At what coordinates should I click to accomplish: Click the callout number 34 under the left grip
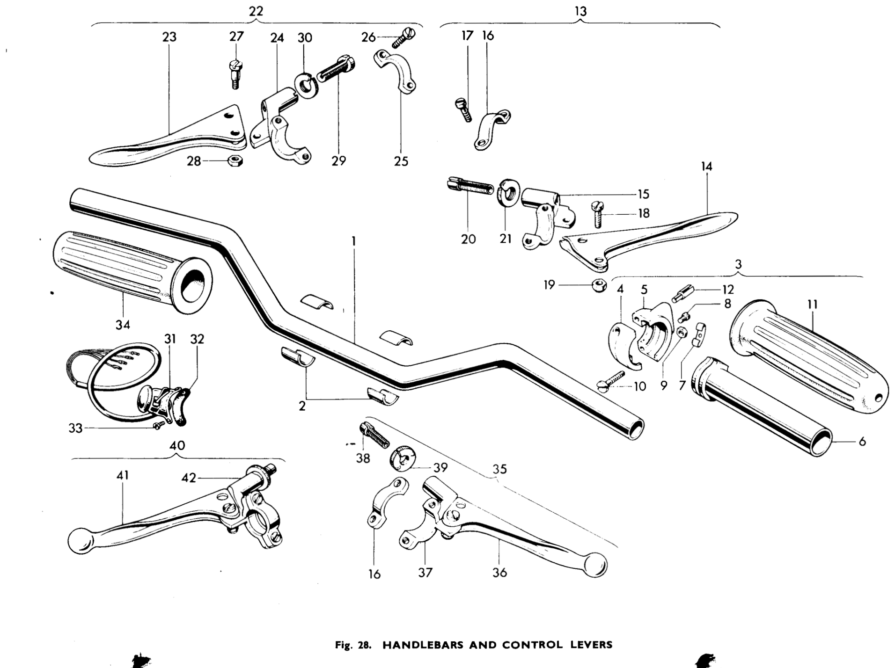point(123,325)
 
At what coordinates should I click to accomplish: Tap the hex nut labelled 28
point(235,161)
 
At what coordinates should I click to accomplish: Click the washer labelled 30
point(306,85)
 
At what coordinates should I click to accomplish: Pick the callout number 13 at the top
point(580,11)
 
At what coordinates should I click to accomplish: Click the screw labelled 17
point(463,109)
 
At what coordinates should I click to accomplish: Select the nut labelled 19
point(598,285)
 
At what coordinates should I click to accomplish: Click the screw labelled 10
point(611,381)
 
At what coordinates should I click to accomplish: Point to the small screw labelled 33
point(159,425)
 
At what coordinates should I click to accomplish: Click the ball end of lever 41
point(81,541)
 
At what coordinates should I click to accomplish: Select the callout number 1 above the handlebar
point(354,241)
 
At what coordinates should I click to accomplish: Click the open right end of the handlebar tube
point(635,428)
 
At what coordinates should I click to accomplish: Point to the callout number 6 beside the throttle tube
point(862,441)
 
